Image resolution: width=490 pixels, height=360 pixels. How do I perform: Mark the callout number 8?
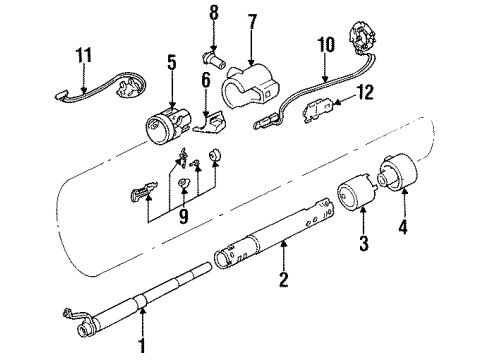coord(212,14)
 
